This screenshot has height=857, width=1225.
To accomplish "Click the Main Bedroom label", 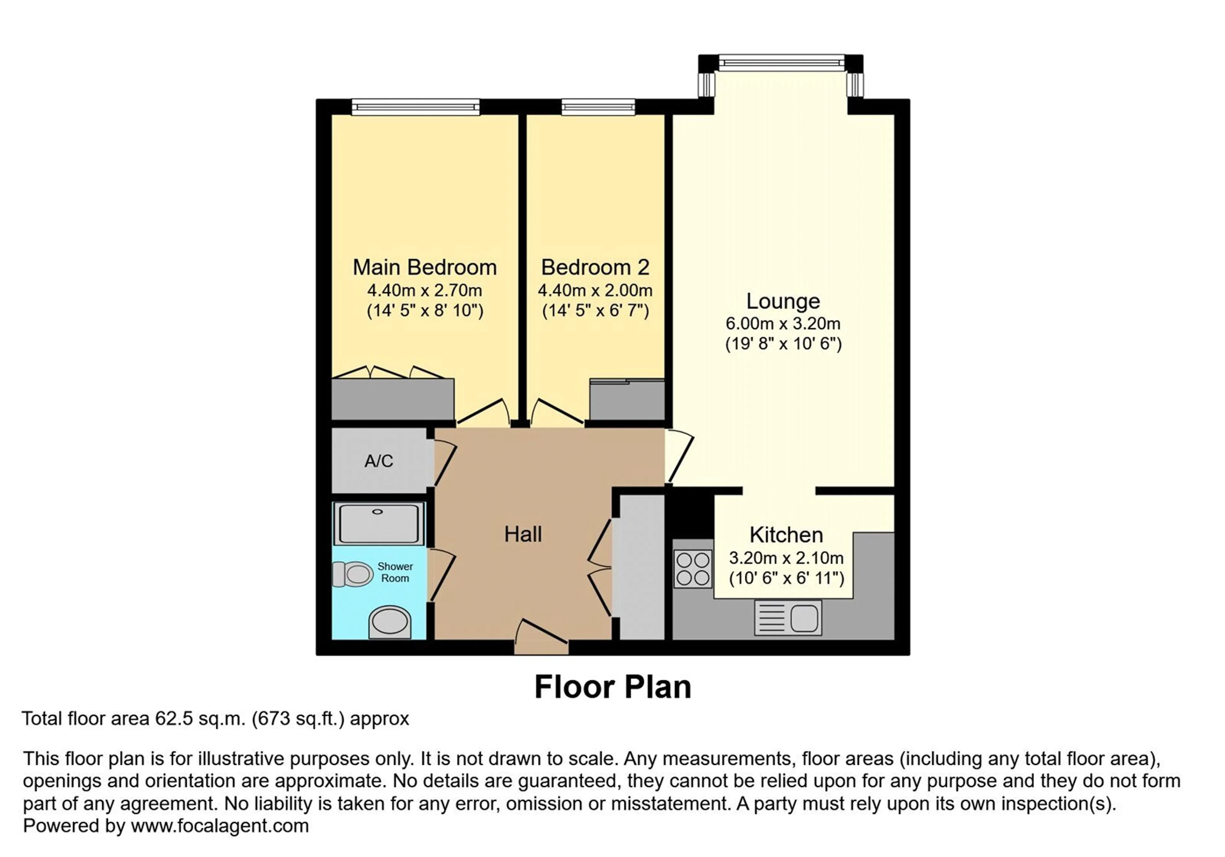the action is click(425, 267).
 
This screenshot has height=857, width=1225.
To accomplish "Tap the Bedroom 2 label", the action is click(595, 267).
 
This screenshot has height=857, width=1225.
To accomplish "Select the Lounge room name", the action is click(783, 302).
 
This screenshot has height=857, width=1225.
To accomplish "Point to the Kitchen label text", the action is click(786, 535).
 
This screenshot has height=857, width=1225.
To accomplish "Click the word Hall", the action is click(523, 534).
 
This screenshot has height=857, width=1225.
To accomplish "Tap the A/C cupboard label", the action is click(379, 461).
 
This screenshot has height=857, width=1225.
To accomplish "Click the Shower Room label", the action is click(395, 572).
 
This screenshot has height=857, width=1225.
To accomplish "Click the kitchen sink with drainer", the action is click(788, 617).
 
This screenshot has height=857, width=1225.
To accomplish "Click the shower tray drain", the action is click(378, 512).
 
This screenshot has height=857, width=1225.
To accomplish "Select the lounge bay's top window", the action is click(782, 63).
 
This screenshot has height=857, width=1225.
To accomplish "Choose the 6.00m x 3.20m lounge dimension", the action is click(783, 324).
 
